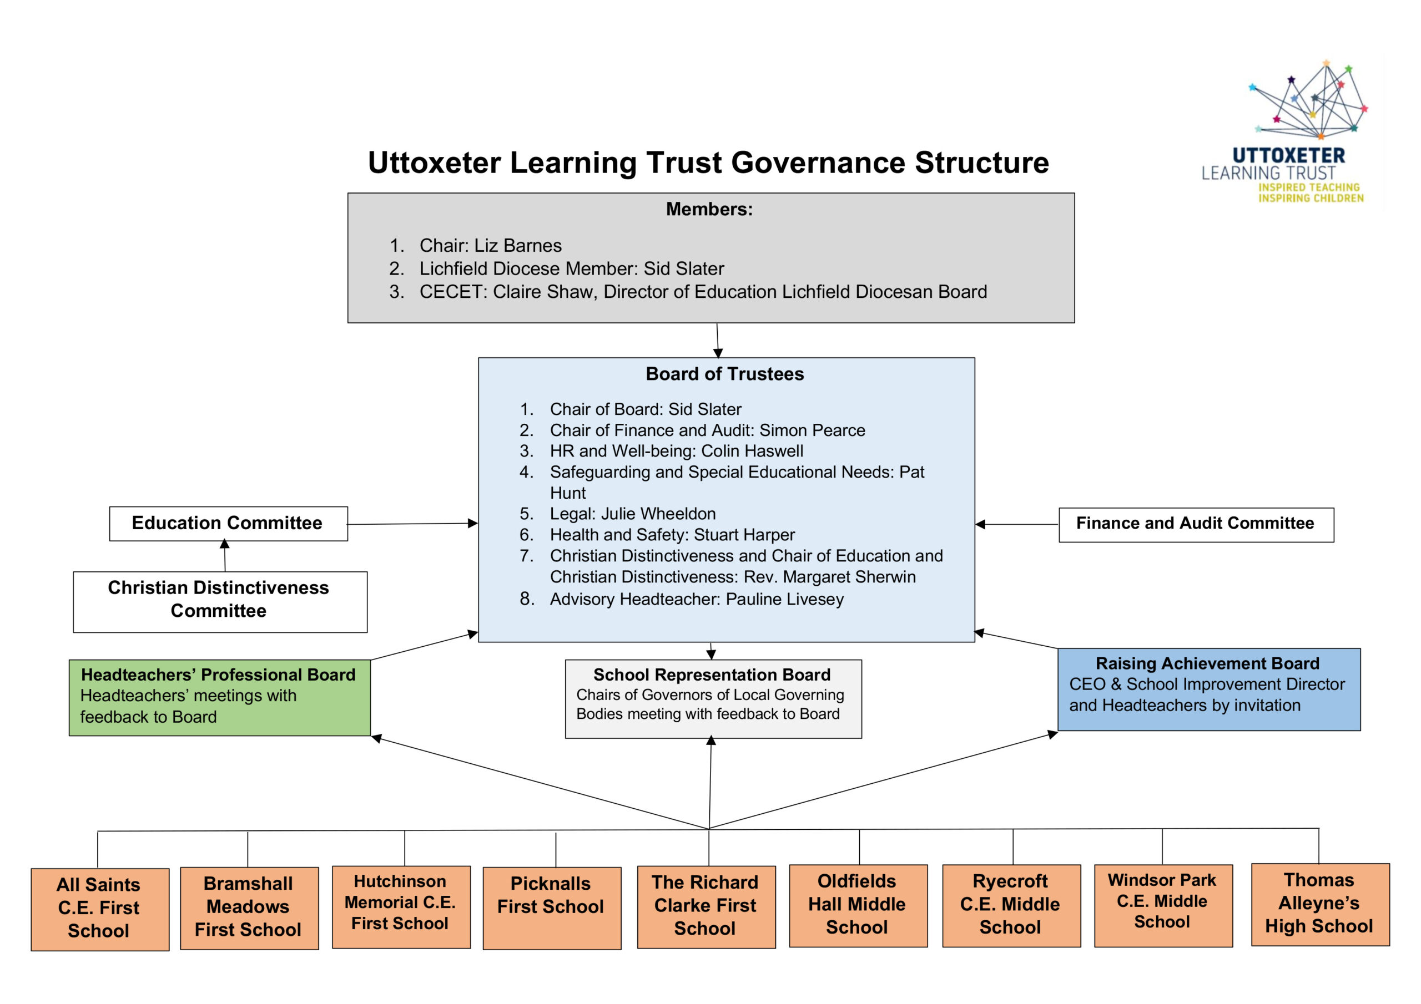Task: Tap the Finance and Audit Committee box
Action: [1195, 524]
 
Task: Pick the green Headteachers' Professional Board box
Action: [219, 697]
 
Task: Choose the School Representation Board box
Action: [712, 698]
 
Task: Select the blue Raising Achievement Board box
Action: [1207, 688]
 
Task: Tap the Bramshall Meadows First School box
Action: [249, 907]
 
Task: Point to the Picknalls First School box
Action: [551, 907]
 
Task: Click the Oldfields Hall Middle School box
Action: [857, 905]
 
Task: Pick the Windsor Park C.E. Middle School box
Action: [1162, 905]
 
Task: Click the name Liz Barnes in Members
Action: [518, 246]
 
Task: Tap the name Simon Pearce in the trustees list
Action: [812, 430]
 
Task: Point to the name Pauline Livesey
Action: [784, 600]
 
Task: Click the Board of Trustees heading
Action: [725, 374]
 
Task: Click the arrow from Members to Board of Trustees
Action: [717, 340]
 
